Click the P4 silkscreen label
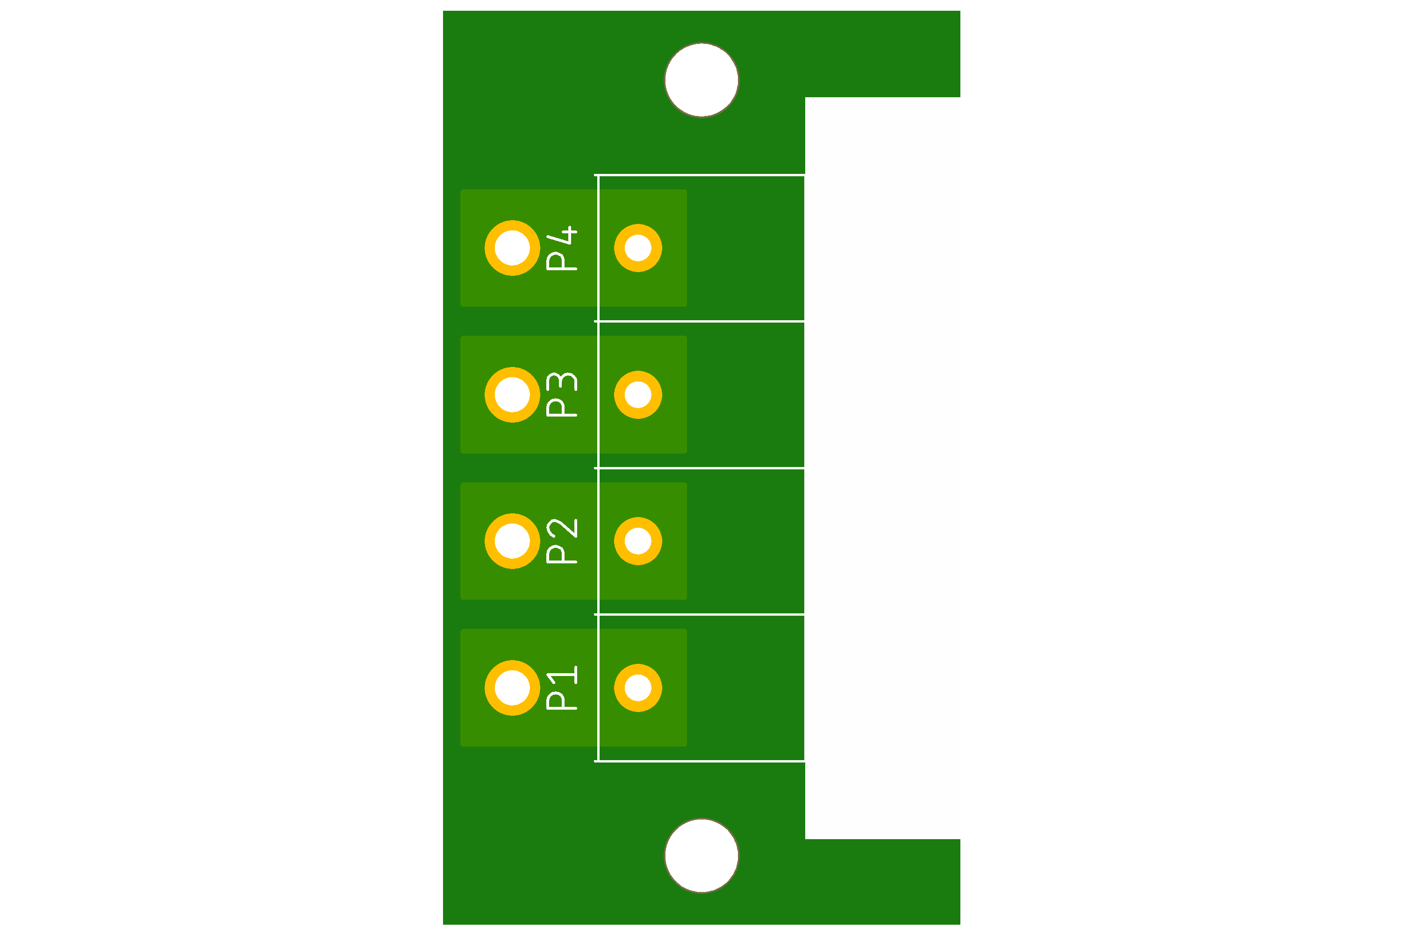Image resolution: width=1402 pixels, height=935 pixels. click(x=562, y=248)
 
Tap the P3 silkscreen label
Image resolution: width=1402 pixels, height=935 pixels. click(x=562, y=395)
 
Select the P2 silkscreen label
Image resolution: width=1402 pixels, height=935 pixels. click(x=562, y=541)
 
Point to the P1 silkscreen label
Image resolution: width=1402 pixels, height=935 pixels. click(x=562, y=688)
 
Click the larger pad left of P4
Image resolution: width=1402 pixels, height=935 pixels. click(x=512, y=248)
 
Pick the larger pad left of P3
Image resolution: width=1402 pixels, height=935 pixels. click(x=512, y=395)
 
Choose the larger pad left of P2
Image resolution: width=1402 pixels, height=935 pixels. click(x=512, y=541)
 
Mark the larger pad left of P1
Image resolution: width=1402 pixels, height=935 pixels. click(x=512, y=688)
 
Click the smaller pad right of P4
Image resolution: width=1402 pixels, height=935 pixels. click(x=638, y=248)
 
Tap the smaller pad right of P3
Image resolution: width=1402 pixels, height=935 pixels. click(x=638, y=395)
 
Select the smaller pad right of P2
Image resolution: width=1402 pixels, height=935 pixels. click(x=638, y=541)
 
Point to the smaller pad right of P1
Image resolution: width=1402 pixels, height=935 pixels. click(x=638, y=688)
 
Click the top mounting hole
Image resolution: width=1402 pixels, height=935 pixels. click(x=701, y=80)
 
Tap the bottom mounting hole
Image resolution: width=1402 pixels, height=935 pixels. click(x=701, y=856)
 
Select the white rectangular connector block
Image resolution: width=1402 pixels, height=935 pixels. click(x=882, y=468)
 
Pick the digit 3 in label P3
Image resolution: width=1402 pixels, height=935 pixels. click(x=562, y=381)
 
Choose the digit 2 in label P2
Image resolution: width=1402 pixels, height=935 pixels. click(x=562, y=528)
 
